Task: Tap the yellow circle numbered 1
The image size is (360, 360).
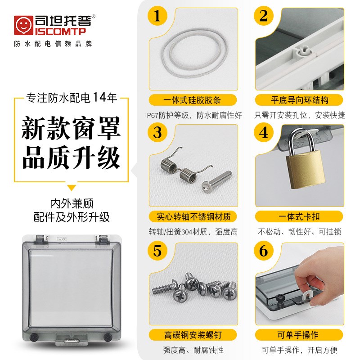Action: coord(157,17)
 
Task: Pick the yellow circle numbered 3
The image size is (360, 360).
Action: coord(157,133)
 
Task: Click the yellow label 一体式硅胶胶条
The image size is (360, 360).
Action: coord(192,100)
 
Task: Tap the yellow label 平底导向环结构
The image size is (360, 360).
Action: coord(299,100)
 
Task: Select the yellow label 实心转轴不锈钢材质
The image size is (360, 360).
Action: coord(192,216)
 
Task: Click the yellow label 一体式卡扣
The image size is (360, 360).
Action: coord(299,216)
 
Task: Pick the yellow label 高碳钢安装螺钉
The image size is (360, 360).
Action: coord(192,335)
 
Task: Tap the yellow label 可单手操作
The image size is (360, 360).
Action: coord(299,335)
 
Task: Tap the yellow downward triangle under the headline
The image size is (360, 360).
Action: coord(72,188)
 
